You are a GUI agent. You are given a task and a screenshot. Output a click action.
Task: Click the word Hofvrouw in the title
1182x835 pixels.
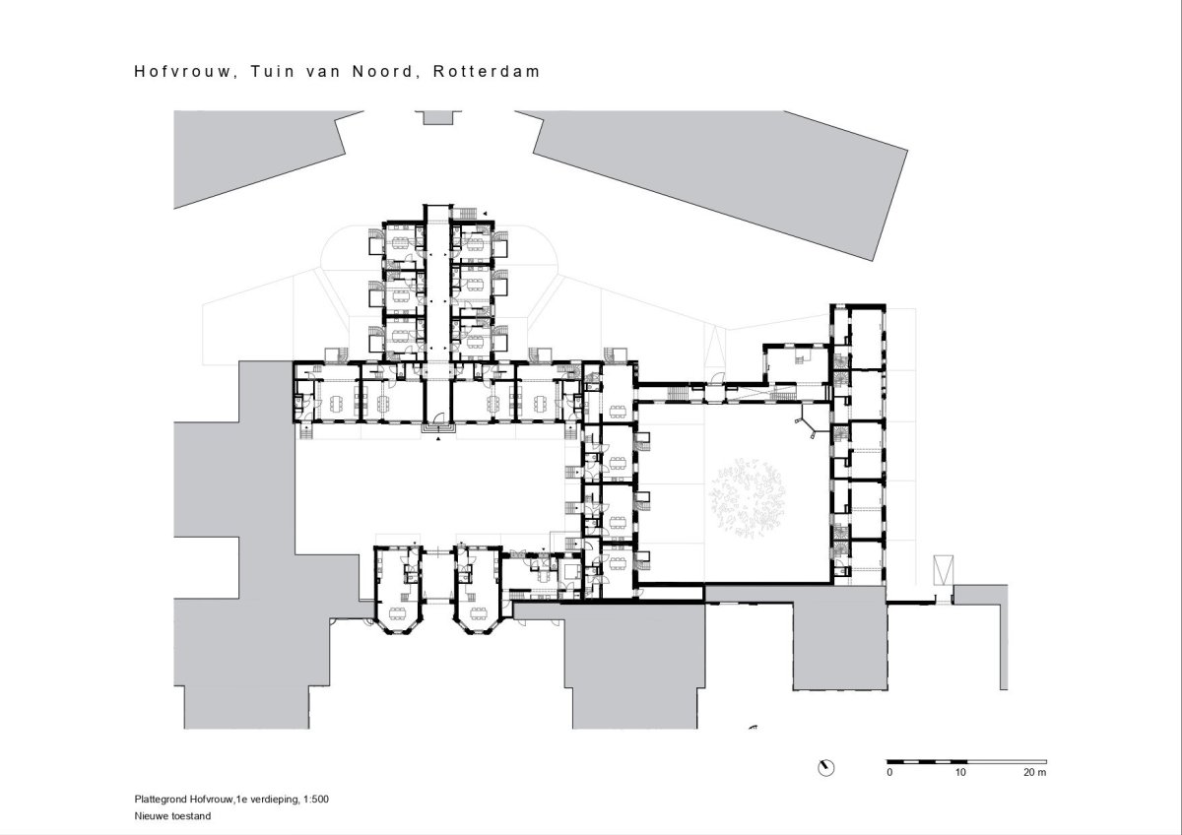point(183,72)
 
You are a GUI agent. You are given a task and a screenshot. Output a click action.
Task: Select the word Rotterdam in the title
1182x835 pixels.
point(487,71)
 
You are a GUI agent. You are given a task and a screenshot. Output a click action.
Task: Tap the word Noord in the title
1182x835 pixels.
point(383,72)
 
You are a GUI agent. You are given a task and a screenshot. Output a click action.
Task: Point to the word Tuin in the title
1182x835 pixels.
point(272,71)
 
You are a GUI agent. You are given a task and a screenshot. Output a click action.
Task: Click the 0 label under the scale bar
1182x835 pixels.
point(889,772)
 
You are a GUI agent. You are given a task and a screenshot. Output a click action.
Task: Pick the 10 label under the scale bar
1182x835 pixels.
point(960,772)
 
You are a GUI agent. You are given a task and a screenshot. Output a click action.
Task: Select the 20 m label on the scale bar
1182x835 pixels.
point(1035,772)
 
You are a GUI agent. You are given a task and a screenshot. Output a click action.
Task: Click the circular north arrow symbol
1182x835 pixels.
point(825,768)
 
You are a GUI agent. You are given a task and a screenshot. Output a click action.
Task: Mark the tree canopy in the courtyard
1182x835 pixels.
point(748,498)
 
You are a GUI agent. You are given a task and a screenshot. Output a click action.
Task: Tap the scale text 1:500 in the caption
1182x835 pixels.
point(316,800)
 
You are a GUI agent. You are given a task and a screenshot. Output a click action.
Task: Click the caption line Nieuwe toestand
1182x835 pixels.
point(172,816)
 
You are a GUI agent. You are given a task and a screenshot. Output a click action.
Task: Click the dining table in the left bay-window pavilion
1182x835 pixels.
point(397,612)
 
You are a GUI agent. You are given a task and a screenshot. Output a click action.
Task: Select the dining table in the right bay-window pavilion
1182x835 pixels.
point(478,612)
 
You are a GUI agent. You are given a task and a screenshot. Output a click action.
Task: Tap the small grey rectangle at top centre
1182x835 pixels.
point(438,117)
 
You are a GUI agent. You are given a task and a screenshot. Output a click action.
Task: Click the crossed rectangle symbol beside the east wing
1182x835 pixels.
point(944,570)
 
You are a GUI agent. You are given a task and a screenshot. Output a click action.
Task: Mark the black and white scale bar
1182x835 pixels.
point(966,762)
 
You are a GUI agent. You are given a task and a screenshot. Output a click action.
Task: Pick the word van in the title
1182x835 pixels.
point(323,72)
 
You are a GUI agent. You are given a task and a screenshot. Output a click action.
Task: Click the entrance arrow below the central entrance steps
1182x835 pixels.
point(438,438)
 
